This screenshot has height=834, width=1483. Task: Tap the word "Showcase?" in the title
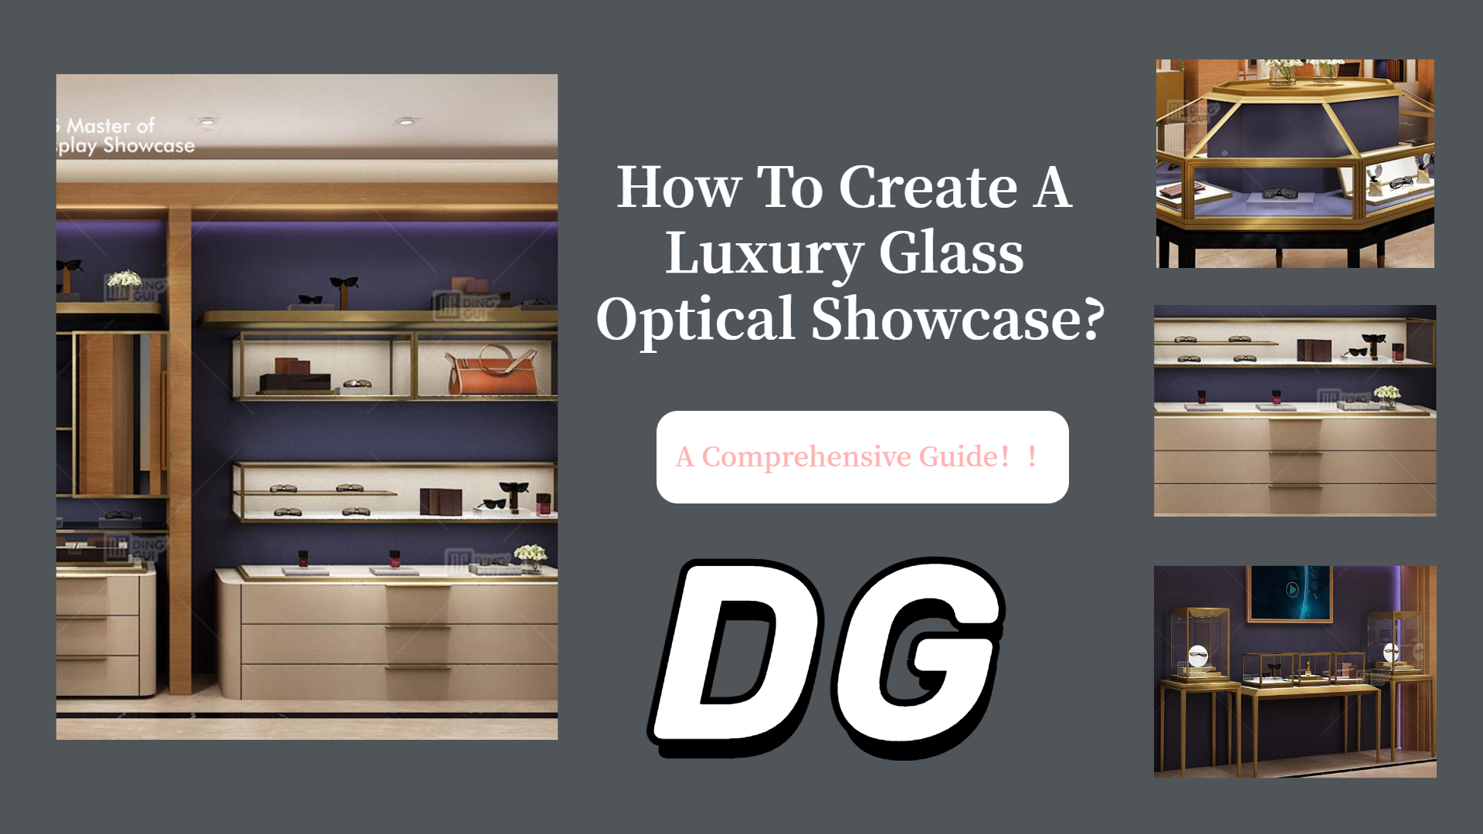click(958, 319)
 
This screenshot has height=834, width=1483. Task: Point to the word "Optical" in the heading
click(695, 319)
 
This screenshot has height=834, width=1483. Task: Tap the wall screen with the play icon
click(1291, 592)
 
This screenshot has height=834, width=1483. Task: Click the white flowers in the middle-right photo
click(1387, 394)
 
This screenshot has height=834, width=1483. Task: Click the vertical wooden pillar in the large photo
click(179, 448)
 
